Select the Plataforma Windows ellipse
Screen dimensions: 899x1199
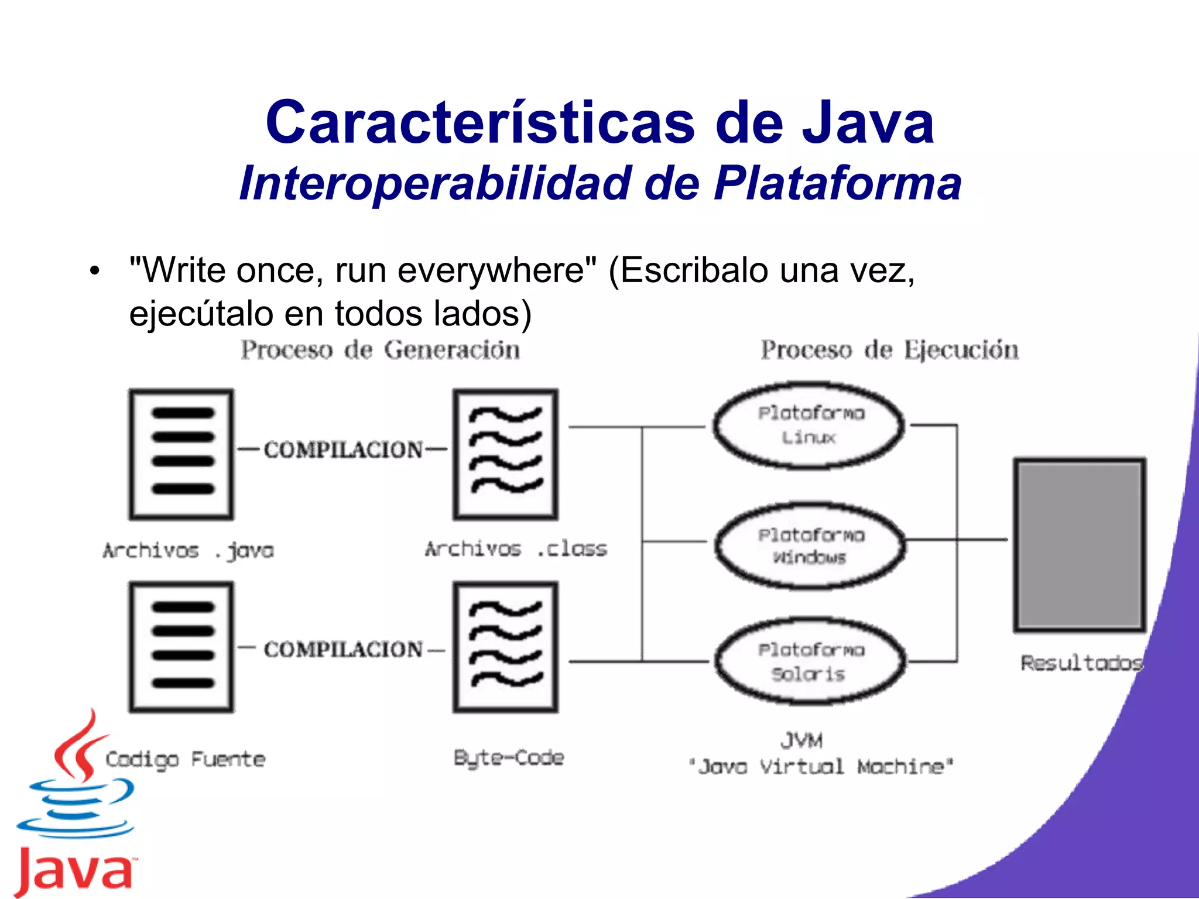point(810,545)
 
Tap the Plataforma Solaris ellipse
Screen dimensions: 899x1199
point(810,662)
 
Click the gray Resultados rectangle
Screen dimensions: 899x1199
point(1080,544)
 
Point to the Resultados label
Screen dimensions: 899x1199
point(1081,663)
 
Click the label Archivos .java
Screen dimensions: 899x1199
point(188,551)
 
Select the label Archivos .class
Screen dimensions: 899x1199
point(516,549)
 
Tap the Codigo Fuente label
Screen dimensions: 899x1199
point(185,760)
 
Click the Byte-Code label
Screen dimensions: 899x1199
point(509,758)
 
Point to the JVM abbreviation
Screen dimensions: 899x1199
point(801,741)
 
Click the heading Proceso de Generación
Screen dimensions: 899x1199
point(381,351)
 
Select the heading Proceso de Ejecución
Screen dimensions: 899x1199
point(889,351)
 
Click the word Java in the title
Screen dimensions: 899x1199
point(868,123)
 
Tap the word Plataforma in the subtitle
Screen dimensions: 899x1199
point(837,184)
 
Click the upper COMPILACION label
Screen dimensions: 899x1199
point(343,449)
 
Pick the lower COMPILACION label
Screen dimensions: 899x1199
point(343,649)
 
